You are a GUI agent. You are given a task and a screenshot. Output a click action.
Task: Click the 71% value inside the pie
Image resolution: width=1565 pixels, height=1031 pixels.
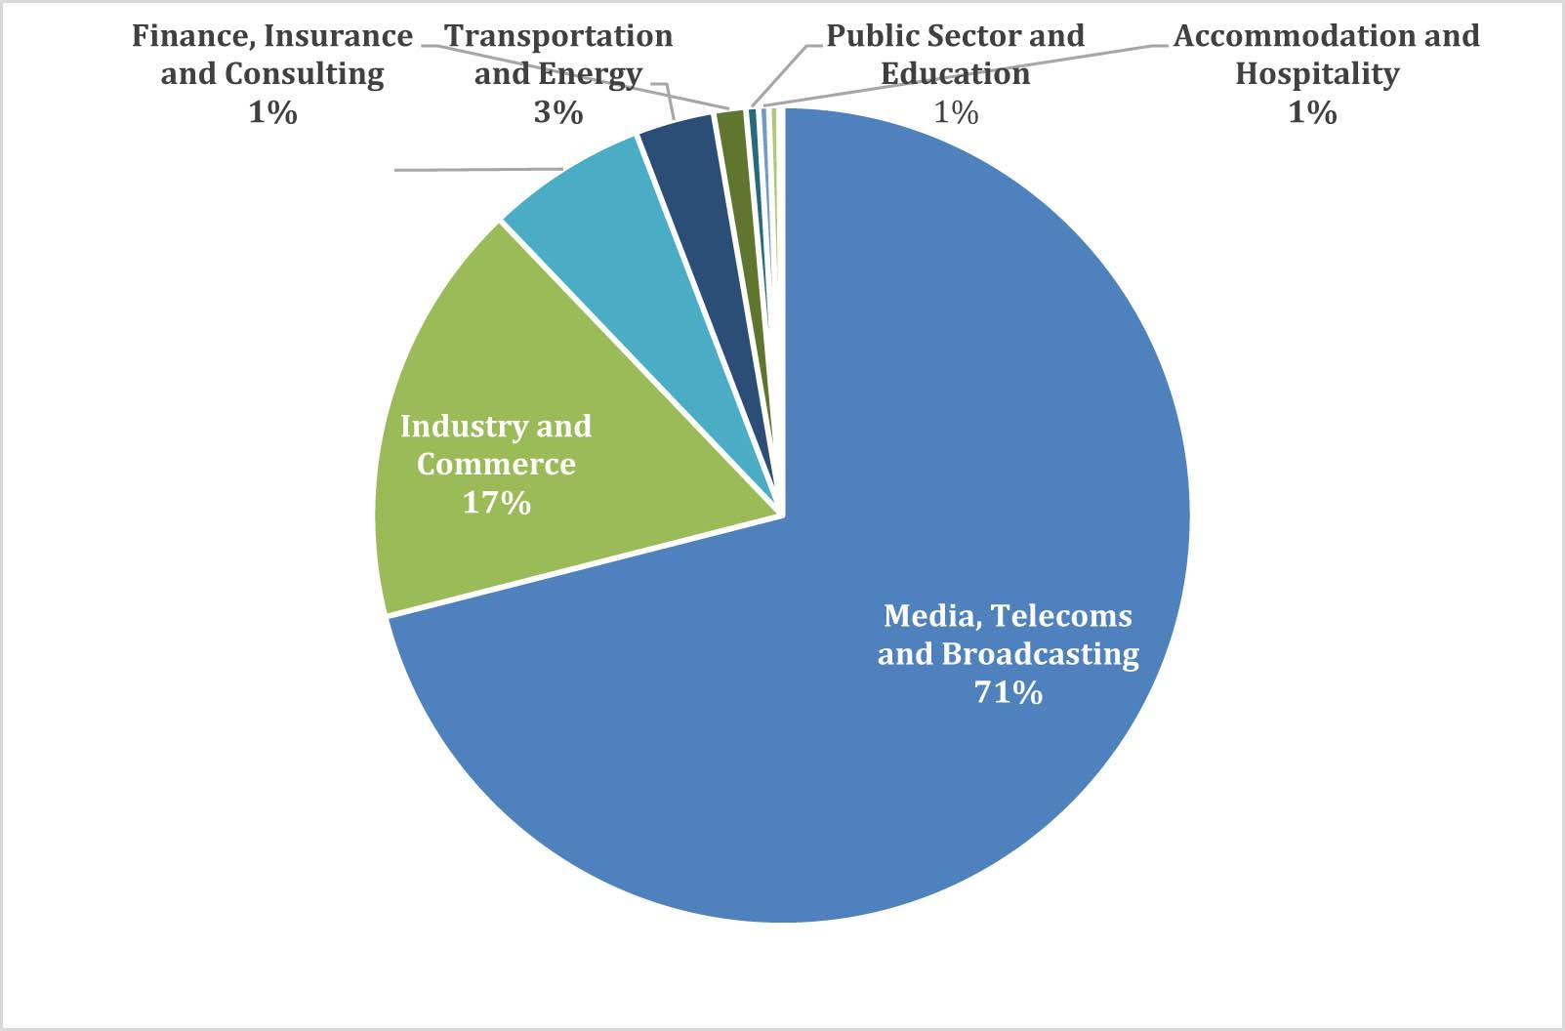pos(1008,692)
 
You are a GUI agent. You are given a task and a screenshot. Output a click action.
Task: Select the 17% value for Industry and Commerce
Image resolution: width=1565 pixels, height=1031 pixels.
pos(496,503)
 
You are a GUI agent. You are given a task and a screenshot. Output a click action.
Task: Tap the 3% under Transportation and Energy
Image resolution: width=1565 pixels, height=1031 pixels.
pos(557,113)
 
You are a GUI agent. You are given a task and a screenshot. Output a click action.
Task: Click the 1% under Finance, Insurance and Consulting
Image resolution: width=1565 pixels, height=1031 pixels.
pos(272,113)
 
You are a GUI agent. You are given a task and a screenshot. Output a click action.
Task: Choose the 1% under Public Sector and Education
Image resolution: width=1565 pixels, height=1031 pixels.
pos(956,113)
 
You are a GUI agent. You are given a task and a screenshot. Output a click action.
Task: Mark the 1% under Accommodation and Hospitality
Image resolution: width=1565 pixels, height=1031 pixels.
pos(1312,113)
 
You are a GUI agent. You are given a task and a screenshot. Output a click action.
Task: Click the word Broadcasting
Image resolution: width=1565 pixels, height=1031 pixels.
pos(1041,653)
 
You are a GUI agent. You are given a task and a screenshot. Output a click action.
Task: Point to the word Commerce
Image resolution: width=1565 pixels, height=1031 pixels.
pos(496,464)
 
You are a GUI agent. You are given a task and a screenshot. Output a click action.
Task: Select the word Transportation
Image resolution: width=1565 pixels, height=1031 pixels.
pos(559,36)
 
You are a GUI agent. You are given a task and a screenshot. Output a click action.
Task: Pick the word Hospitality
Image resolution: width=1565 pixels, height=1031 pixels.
pos(1317,74)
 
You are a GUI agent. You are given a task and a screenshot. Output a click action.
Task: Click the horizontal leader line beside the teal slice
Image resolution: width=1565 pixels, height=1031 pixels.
pos(478,170)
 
